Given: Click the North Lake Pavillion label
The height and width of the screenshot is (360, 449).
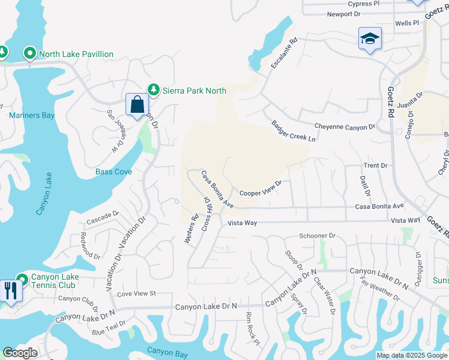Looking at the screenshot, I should pyautogui.click(x=76, y=54).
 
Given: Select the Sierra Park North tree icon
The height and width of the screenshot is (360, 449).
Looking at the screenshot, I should pyautogui.click(x=154, y=90).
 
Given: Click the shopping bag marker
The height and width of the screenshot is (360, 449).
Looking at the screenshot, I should pyautogui.click(x=137, y=104).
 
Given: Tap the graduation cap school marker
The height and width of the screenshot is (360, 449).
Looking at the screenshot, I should pyautogui.click(x=370, y=39).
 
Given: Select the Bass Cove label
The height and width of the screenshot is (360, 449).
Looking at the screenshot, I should pyautogui.click(x=113, y=172).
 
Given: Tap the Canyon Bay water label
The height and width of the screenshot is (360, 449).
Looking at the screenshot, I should pyautogui.click(x=164, y=351).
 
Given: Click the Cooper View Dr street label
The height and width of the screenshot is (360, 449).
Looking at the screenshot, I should pyautogui.click(x=261, y=188).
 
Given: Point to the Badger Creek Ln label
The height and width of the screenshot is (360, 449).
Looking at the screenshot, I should pyautogui.click(x=293, y=131).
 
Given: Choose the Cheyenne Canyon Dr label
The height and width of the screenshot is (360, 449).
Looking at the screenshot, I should pyautogui.click(x=345, y=127).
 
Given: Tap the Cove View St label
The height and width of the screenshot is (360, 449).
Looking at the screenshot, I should pyautogui.click(x=136, y=293).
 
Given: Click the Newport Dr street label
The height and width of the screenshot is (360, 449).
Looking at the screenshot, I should pyautogui.click(x=343, y=14).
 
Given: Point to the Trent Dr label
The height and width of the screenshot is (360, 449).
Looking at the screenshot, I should pyautogui.click(x=375, y=165).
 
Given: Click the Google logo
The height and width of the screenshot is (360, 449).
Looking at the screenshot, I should pyautogui.click(x=20, y=353).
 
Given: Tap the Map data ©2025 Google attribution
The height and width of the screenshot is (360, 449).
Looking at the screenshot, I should pyautogui.click(x=412, y=355).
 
